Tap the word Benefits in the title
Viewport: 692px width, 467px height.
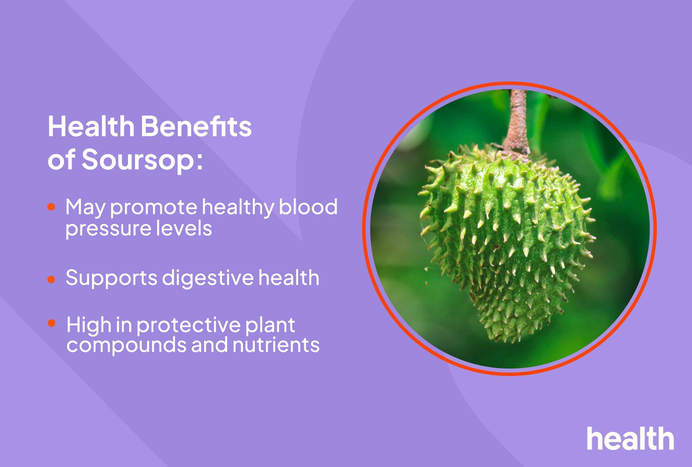(196, 127)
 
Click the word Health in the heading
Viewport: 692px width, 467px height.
(91, 127)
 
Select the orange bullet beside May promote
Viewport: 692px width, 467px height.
(51, 207)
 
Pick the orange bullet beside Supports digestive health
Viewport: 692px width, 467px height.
(51, 279)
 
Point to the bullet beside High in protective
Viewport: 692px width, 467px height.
(52, 323)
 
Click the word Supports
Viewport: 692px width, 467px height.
(111, 278)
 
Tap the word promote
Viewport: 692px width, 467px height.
(154, 208)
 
